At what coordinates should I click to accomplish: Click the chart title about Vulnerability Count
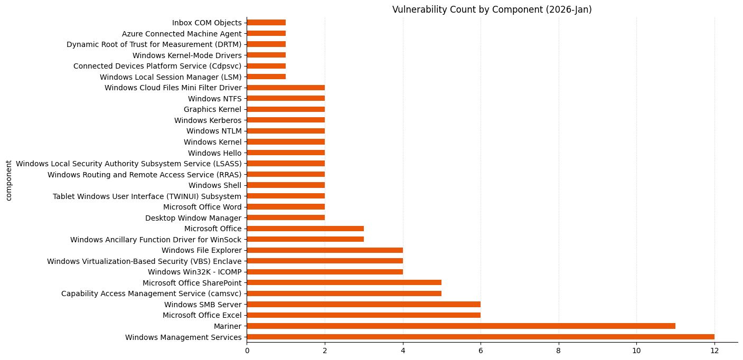(492, 10)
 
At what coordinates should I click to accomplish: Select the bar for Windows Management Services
(480, 337)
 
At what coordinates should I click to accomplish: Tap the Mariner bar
(460, 326)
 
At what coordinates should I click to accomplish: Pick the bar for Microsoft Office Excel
(363, 315)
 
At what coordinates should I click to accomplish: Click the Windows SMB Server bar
(363, 304)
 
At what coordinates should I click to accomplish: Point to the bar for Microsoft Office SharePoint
(344, 282)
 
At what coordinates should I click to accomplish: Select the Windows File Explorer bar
(324, 250)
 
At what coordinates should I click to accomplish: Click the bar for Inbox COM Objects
(266, 23)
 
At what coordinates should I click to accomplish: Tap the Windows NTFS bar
(286, 98)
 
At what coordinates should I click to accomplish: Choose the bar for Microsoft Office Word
(286, 207)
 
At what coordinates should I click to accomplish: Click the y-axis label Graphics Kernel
(212, 109)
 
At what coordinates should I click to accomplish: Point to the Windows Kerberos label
(208, 120)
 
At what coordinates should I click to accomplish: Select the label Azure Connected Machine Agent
(182, 34)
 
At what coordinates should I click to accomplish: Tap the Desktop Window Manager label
(193, 218)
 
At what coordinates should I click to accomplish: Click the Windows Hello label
(214, 153)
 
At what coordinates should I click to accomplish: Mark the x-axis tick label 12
(714, 349)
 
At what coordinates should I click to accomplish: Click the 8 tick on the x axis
(558, 349)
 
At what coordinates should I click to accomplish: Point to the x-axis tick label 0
(247, 349)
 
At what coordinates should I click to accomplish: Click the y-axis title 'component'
(8, 180)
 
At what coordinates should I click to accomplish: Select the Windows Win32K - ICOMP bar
(324, 272)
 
